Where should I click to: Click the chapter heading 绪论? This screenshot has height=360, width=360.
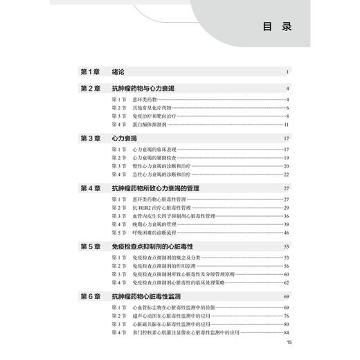click(x=120, y=72)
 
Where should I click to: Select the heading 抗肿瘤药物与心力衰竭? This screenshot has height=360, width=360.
click(x=146, y=89)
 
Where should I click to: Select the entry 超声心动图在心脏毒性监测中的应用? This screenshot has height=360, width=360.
click(x=177, y=316)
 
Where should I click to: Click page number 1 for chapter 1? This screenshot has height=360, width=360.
click(x=286, y=72)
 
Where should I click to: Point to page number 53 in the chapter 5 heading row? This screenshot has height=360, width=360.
click(x=285, y=246)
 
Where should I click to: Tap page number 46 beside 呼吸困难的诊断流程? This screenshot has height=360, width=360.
click(x=285, y=233)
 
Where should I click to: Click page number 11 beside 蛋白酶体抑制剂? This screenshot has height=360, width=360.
click(x=285, y=125)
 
